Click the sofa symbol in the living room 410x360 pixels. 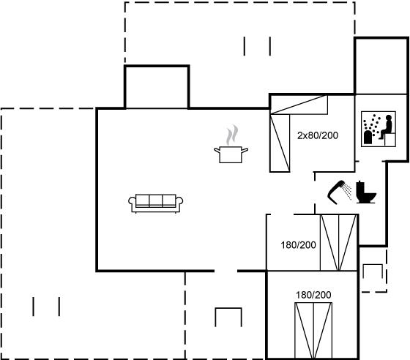pyautogui.click(x=155, y=203)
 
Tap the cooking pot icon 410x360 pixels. pyautogui.click(x=231, y=154)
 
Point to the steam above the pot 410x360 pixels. pyautogui.click(x=232, y=135)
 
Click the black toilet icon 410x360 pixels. pyautogui.click(x=366, y=192)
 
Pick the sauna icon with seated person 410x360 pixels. pyautogui.click(x=379, y=129)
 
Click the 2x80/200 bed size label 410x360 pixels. pyautogui.click(x=318, y=135)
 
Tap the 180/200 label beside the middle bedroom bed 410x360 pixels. pyautogui.click(x=299, y=245)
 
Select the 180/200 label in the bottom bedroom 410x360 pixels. pyautogui.click(x=313, y=295)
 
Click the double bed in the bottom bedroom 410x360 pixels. pyautogui.click(x=313, y=331)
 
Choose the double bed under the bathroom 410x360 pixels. pyautogui.click(x=338, y=242)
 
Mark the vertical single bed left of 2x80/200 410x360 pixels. pyautogui.click(x=280, y=143)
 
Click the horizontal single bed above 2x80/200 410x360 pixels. pyautogui.click(x=299, y=105)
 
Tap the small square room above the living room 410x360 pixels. pyautogui.click(x=157, y=87)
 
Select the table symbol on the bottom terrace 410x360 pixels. pyautogui.click(x=228, y=317)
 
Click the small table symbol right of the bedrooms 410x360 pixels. pyautogui.click(x=373, y=271)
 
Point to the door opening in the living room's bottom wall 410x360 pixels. pyautogui.click(x=226, y=271)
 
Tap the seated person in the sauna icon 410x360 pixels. pyautogui.click(x=387, y=127)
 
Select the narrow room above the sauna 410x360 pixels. pyautogui.click(x=381, y=66)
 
